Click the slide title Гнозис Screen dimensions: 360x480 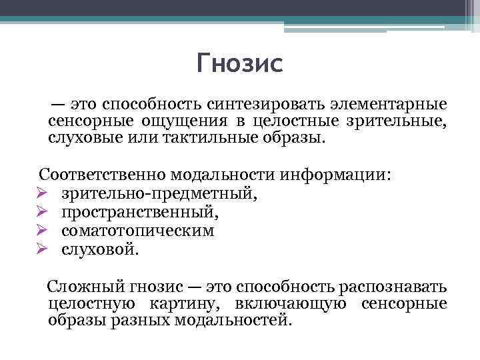click(240, 64)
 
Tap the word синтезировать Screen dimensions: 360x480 click(272, 105)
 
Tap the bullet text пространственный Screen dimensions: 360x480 click(139, 212)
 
